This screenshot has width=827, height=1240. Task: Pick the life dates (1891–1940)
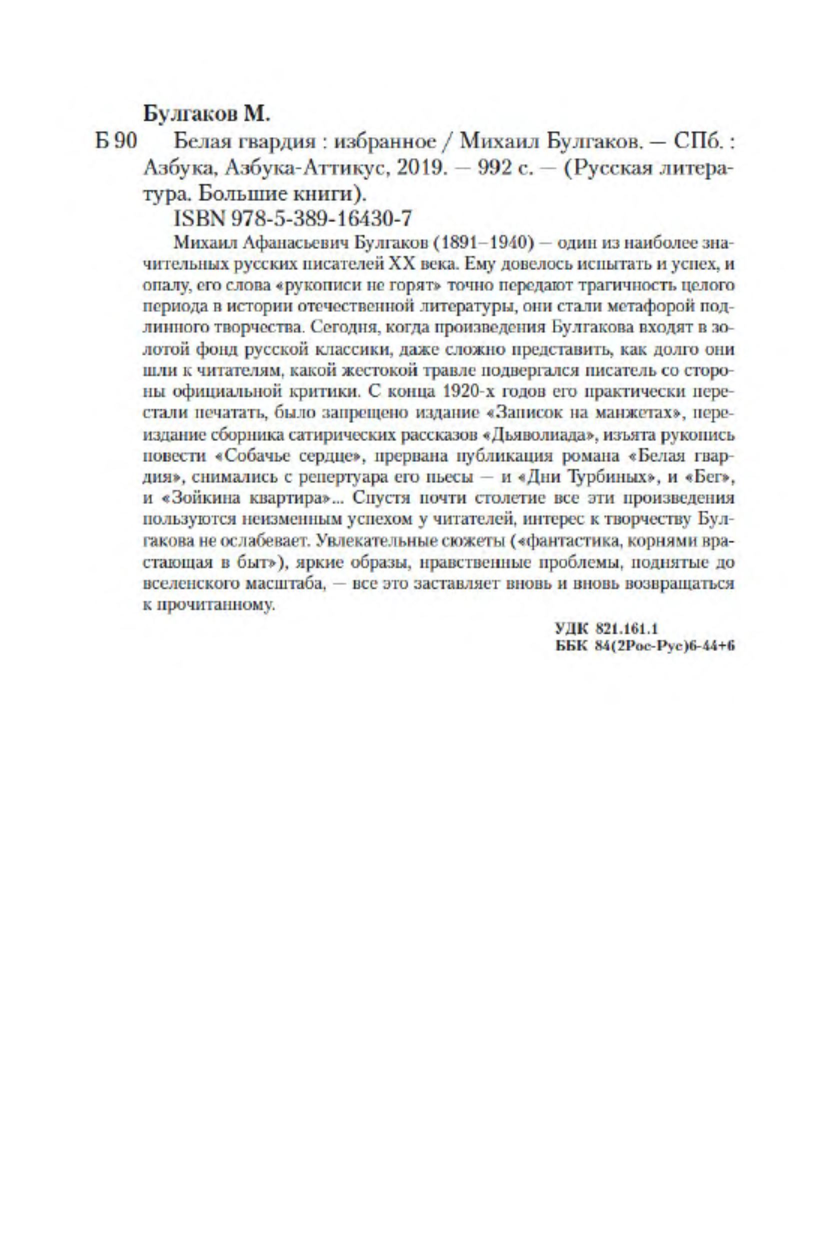coord(484,243)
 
